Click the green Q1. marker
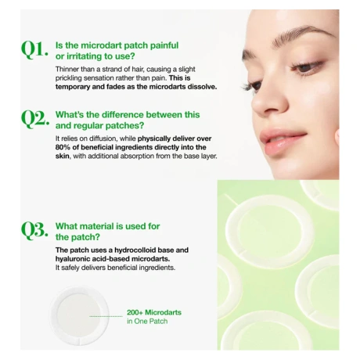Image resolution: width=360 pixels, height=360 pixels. (x=34, y=50)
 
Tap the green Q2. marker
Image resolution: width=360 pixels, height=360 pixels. (x=35, y=120)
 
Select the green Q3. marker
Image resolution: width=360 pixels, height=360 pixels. (x=34, y=231)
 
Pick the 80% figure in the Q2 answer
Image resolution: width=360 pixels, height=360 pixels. (x=63, y=147)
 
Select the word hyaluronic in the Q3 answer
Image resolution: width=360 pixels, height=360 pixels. (x=69, y=259)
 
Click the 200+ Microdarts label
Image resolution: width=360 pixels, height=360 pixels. (x=154, y=312)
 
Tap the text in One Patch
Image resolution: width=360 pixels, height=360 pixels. (x=147, y=321)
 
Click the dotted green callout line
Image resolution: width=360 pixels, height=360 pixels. (x=106, y=316)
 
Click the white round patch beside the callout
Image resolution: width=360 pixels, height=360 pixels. (x=79, y=316)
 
